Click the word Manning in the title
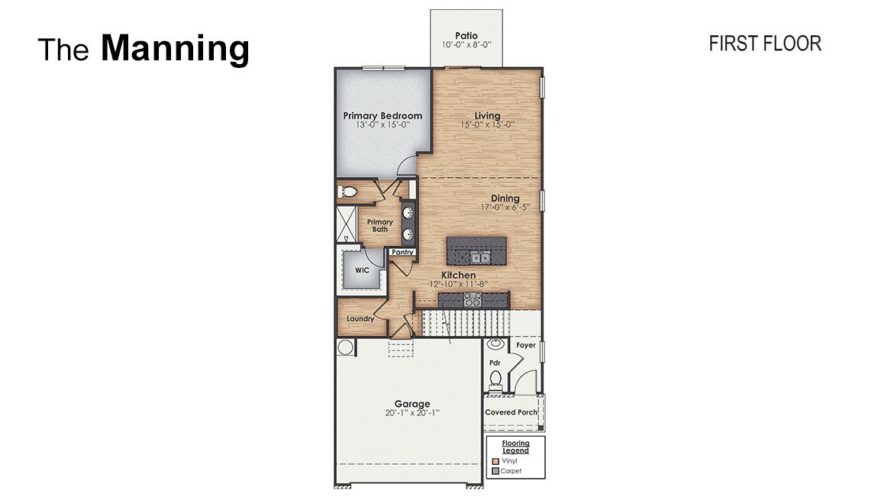point(175,48)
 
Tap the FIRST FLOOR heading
point(764,44)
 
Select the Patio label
point(466,35)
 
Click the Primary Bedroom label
point(383,116)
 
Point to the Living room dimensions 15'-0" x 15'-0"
point(487,124)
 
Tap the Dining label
point(505,198)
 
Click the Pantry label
point(402,252)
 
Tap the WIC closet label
point(362,270)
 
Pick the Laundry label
point(360,318)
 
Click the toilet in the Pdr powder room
point(495,378)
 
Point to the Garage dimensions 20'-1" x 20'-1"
point(412,413)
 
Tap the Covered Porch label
point(511,412)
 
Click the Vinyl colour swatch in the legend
point(495,461)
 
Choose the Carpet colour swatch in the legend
point(495,471)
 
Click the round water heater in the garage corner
point(345,348)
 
